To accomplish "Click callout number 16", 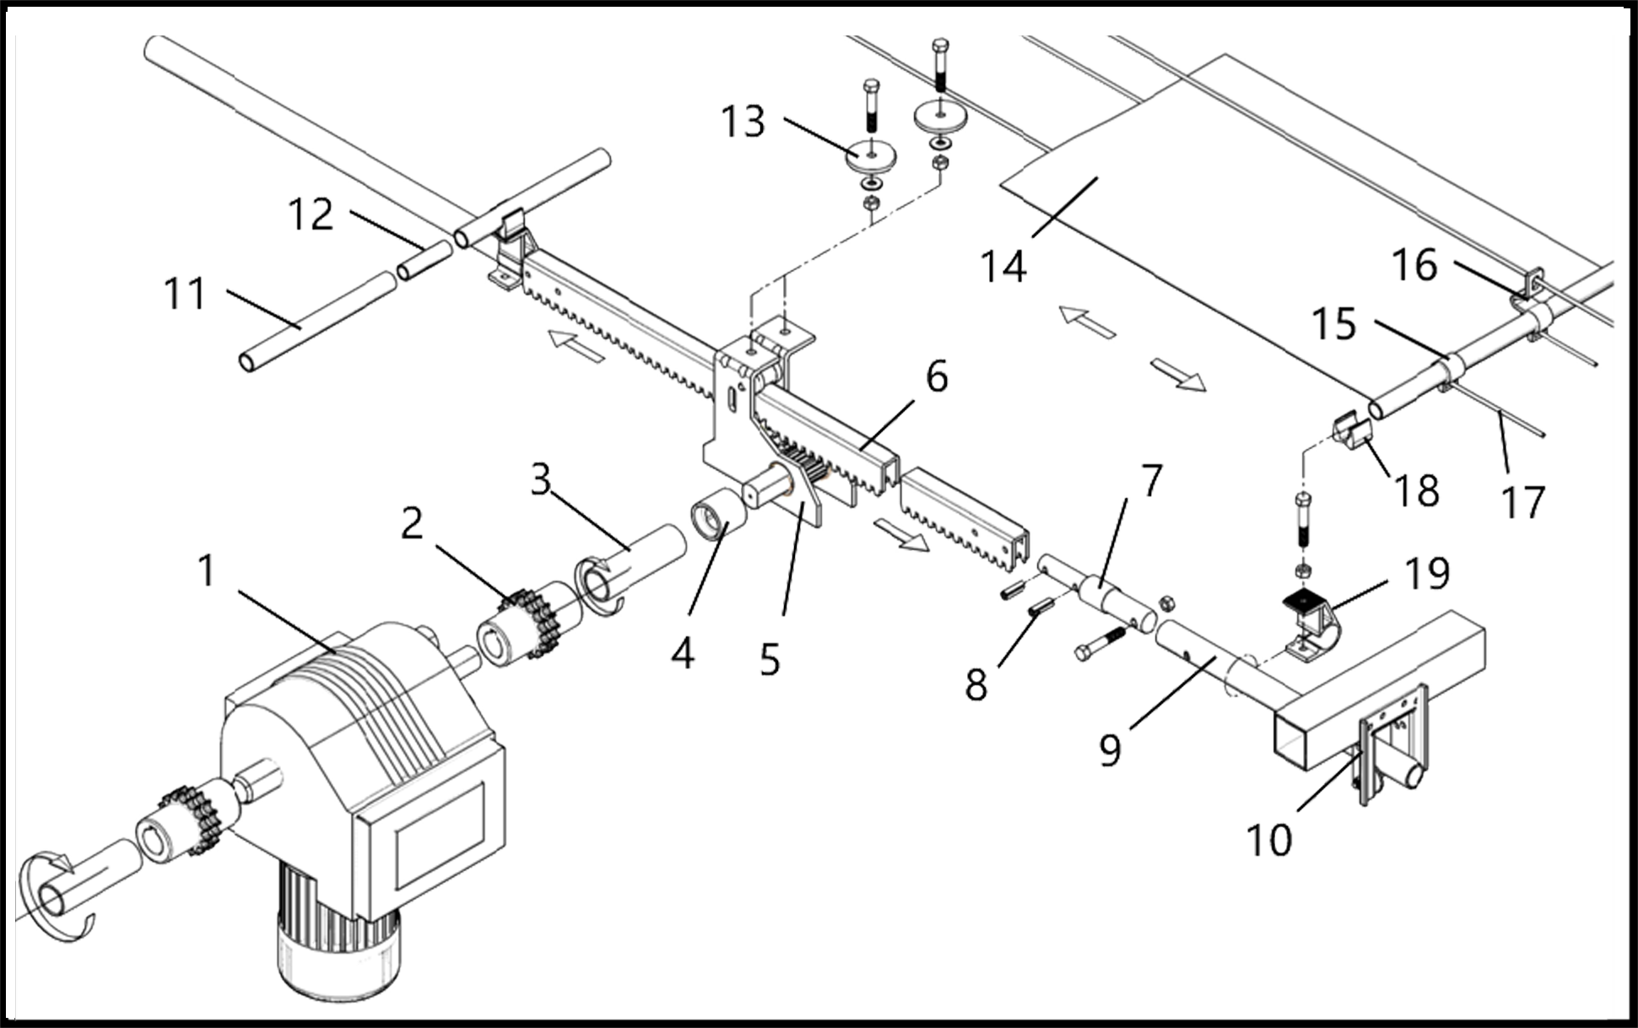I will [x=1414, y=267].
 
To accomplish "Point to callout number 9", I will [x=1111, y=749].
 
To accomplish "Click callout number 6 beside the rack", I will [x=937, y=376].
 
